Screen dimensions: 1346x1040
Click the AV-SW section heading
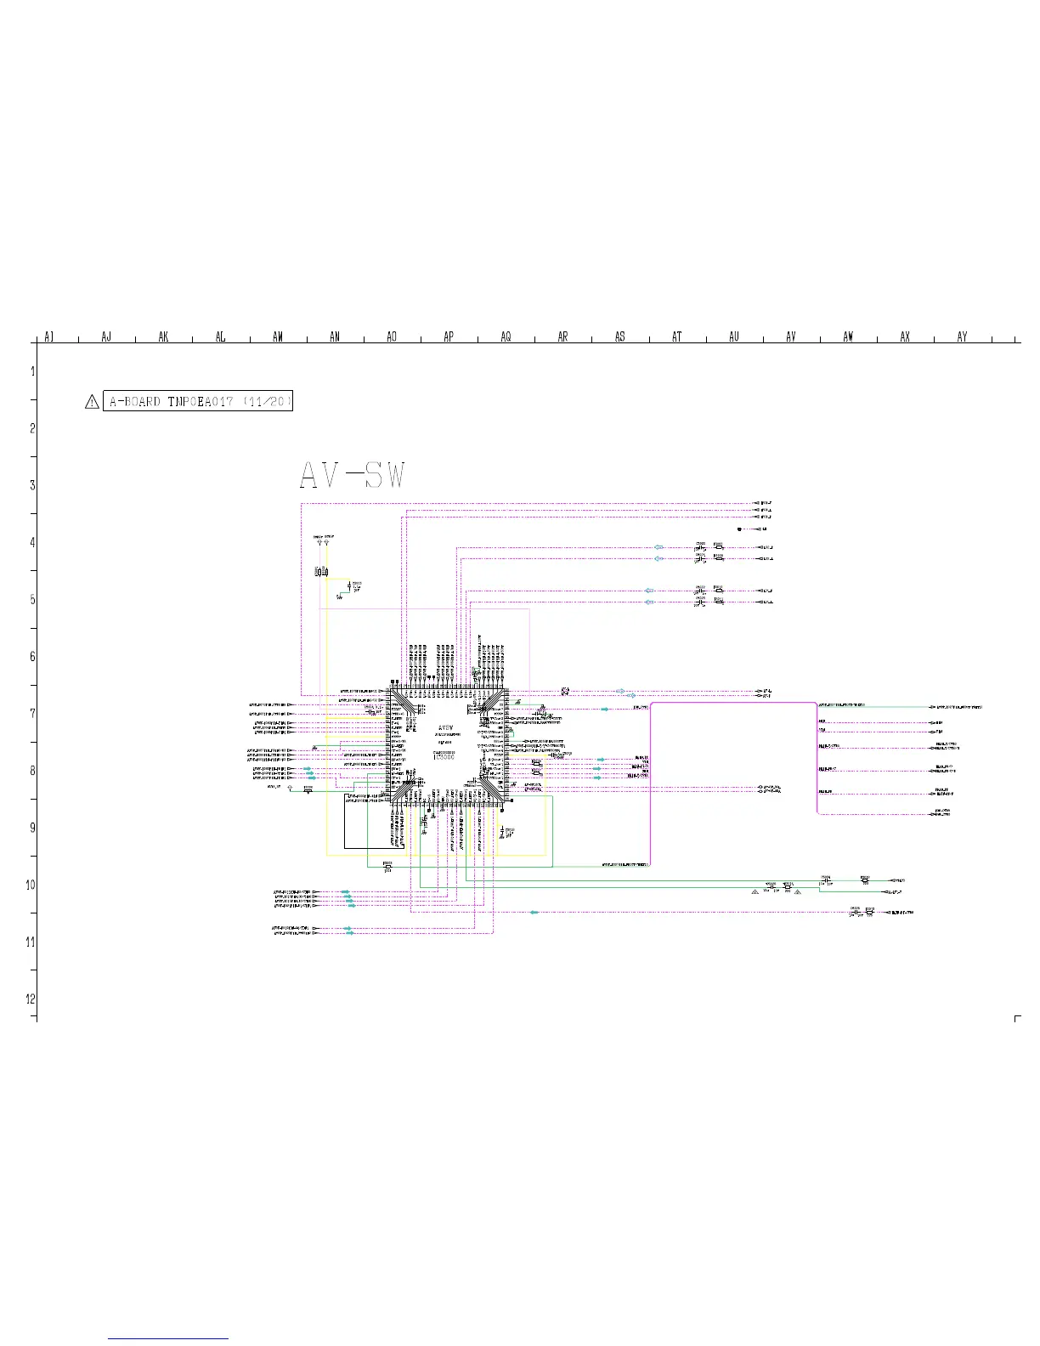click(x=353, y=476)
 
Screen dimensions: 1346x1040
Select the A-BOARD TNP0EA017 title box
click(x=200, y=402)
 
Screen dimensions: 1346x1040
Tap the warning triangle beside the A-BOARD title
click(x=92, y=403)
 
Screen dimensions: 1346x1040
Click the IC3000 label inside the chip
click(x=444, y=756)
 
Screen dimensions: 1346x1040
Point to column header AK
click(x=163, y=337)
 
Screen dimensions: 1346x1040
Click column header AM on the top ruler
click(x=278, y=337)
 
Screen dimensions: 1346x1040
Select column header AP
click(x=449, y=337)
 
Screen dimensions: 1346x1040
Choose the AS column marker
click(x=620, y=337)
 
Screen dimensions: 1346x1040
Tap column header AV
click(x=791, y=337)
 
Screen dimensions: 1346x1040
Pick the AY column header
click(x=962, y=337)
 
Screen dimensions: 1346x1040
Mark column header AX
click(x=905, y=337)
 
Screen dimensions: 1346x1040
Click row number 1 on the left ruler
click(x=32, y=371)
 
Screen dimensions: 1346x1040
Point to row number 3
click(x=32, y=485)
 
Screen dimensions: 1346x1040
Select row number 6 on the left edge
click(x=32, y=656)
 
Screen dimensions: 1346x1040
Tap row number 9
click(x=32, y=828)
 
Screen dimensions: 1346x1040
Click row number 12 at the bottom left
click(x=31, y=998)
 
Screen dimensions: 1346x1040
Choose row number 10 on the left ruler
click(x=31, y=885)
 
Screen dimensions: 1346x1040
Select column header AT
click(x=677, y=337)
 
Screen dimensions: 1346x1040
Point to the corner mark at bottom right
click(x=1017, y=1018)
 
